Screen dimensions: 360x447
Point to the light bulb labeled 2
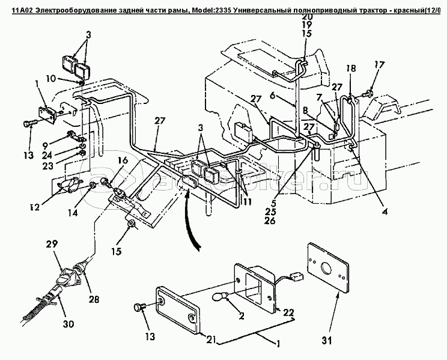[222, 297]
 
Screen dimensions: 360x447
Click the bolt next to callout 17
[367, 93]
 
